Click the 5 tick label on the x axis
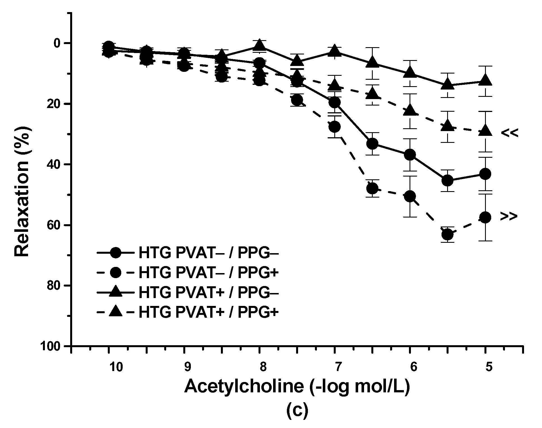pyautogui.click(x=489, y=367)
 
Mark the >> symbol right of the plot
pyautogui.click(x=509, y=216)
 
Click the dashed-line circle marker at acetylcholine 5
pyautogui.click(x=486, y=217)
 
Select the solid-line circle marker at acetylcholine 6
pyautogui.click(x=410, y=155)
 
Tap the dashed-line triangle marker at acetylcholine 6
pyautogui.click(x=410, y=110)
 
